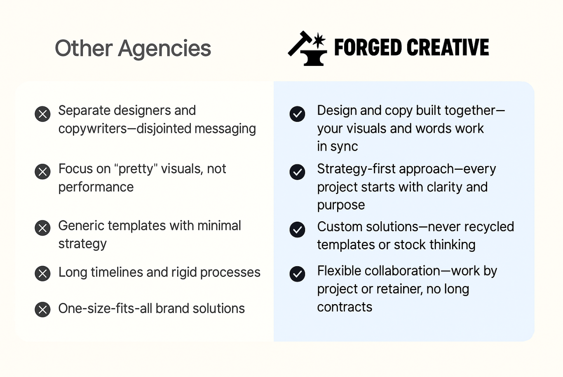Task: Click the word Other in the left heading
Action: coord(84,48)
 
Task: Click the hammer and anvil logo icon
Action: coord(307,48)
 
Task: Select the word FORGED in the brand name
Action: coord(368,47)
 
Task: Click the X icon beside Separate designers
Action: coord(42,114)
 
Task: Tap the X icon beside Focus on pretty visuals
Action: coord(42,172)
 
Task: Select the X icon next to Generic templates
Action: coord(42,228)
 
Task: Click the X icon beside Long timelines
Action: coord(42,274)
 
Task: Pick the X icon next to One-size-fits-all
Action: coord(42,309)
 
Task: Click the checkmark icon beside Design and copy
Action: coord(297,114)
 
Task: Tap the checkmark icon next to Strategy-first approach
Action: coord(297,172)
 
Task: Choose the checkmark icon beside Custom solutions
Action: coord(297,229)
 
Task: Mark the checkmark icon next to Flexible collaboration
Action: coord(297,274)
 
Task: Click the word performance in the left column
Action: coord(96,187)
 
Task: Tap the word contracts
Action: coord(345,307)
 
